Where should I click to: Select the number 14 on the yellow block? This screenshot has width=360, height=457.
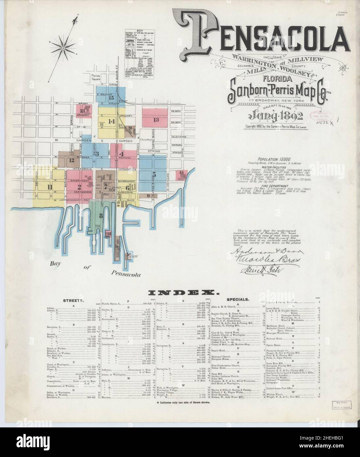click(x=112, y=121)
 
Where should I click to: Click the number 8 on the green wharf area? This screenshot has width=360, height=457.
click(x=101, y=216)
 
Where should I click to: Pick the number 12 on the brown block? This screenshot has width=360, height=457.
click(x=72, y=160)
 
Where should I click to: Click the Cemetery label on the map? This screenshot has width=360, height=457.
click(x=145, y=139)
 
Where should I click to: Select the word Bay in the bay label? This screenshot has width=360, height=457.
click(x=56, y=263)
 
